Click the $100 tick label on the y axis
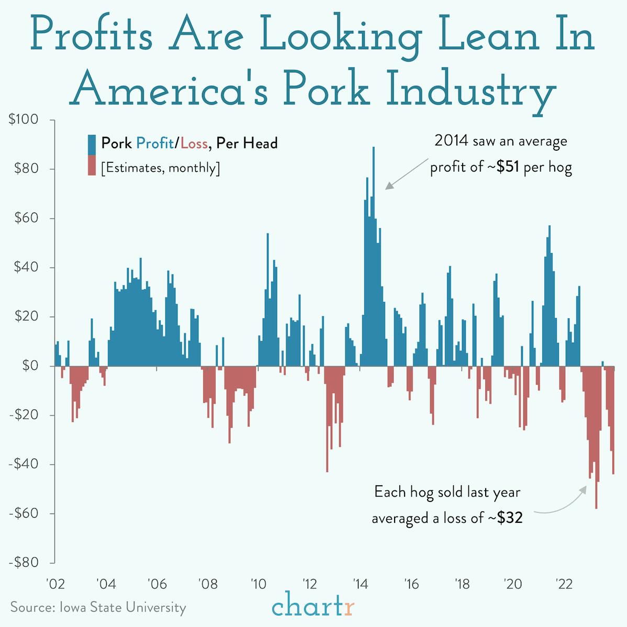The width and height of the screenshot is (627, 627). click(24, 120)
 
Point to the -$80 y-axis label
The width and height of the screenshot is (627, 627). click(24, 563)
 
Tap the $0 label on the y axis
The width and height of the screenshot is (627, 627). click(30, 366)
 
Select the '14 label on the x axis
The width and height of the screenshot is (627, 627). click(360, 584)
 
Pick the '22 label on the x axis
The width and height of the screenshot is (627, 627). click(563, 584)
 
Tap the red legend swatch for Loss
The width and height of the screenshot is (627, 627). click(92, 167)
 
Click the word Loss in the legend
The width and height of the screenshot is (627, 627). click(194, 143)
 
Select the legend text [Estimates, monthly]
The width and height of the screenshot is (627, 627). click(160, 168)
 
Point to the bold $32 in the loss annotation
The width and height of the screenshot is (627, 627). click(509, 518)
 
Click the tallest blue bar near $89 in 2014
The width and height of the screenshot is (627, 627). click(373, 209)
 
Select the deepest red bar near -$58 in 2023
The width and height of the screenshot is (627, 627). click(596, 492)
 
